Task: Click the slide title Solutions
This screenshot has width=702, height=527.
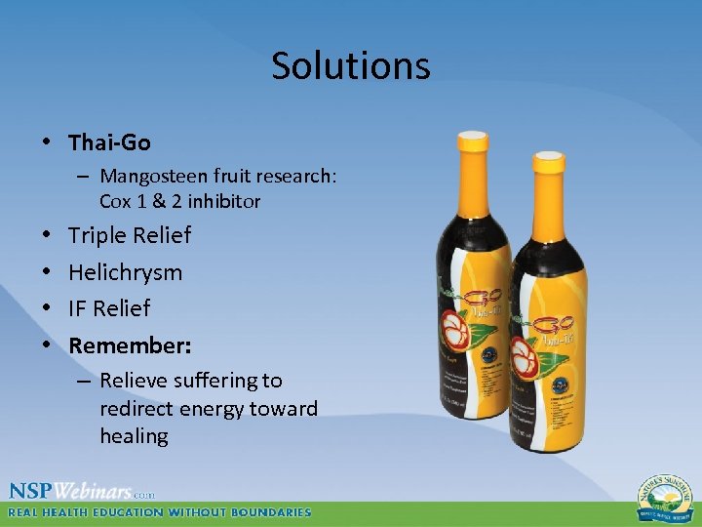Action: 350,66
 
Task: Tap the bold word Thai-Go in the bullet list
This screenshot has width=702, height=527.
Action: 109,142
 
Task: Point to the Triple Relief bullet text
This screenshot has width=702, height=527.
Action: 130,235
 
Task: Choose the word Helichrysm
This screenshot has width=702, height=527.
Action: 125,272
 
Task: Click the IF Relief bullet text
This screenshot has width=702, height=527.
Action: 109,308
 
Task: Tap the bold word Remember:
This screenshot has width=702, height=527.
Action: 130,345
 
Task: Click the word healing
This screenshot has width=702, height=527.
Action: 134,435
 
